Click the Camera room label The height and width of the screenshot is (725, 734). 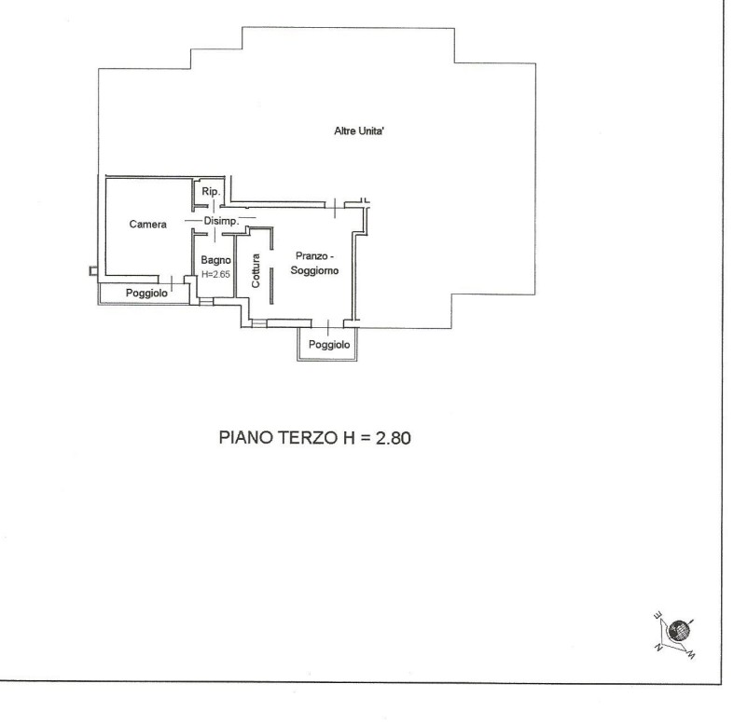(148, 225)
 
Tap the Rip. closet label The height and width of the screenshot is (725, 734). (211, 192)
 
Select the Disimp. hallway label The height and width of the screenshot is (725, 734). (221, 221)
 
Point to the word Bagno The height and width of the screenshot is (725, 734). (215, 260)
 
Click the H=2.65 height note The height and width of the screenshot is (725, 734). (215, 275)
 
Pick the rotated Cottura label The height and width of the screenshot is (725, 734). (256, 271)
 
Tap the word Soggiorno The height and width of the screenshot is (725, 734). (314, 271)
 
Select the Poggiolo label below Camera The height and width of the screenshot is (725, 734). (146, 294)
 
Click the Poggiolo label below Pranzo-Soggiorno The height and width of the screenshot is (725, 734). (329, 345)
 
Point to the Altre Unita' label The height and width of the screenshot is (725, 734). (359, 131)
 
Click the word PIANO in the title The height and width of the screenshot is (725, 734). (246, 438)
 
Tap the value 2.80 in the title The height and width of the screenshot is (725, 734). (394, 438)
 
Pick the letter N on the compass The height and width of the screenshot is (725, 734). (658, 648)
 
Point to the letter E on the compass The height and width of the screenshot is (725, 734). (658, 615)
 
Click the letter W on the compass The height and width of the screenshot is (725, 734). (691, 655)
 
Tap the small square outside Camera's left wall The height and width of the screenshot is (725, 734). (93, 270)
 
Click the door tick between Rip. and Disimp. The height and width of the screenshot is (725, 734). (214, 206)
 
